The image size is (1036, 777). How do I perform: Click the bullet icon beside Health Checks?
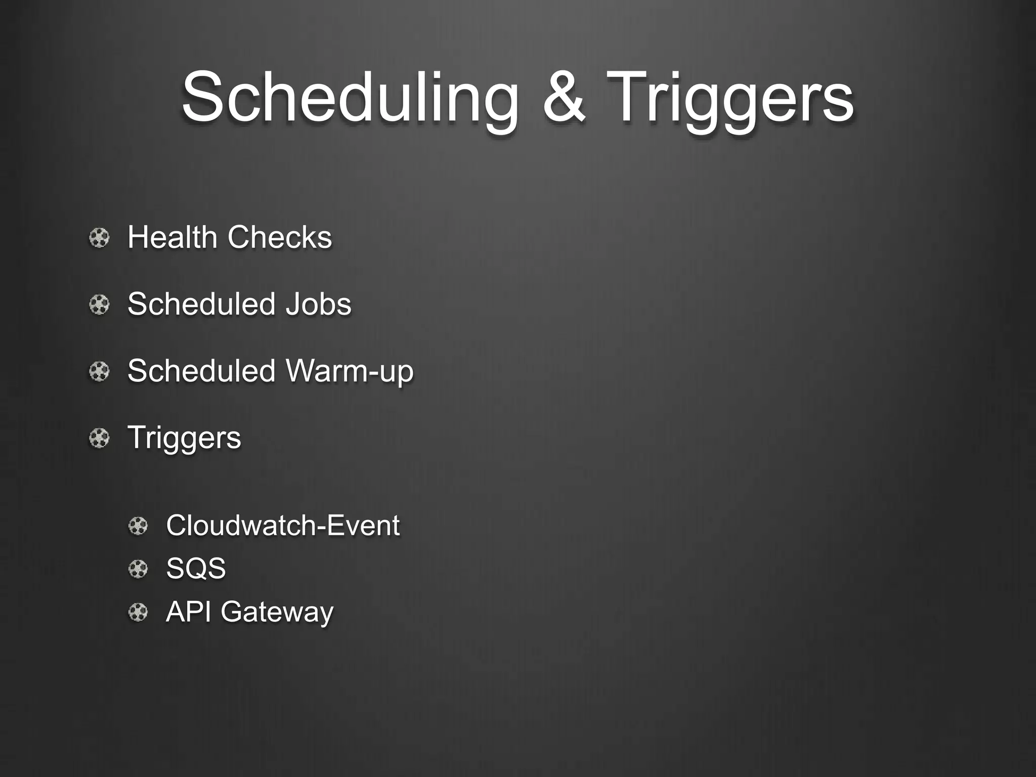pyautogui.click(x=99, y=238)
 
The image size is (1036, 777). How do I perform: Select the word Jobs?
pyautogui.click(x=318, y=304)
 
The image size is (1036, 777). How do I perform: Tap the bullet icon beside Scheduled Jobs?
pyautogui.click(x=99, y=305)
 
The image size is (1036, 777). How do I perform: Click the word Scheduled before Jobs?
pyautogui.click(x=201, y=304)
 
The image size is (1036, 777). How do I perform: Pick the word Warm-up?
pyautogui.click(x=350, y=371)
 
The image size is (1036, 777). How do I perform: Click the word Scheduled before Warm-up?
pyautogui.click(x=201, y=371)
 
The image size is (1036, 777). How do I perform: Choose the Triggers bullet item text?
pyautogui.click(x=184, y=438)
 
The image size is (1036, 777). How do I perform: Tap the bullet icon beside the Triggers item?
pyautogui.click(x=99, y=438)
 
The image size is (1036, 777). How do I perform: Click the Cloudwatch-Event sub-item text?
pyautogui.click(x=283, y=525)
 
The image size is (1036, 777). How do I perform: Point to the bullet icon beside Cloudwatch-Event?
pyautogui.click(x=138, y=526)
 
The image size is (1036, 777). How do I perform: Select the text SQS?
pyautogui.click(x=196, y=569)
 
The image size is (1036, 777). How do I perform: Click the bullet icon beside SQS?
pyautogui.click(x=138, y=570)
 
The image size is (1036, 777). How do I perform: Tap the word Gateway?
pyautogui.click(x=277, y=612)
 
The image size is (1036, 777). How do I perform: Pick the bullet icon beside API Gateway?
pyautogui.click(x=138, y=613)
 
